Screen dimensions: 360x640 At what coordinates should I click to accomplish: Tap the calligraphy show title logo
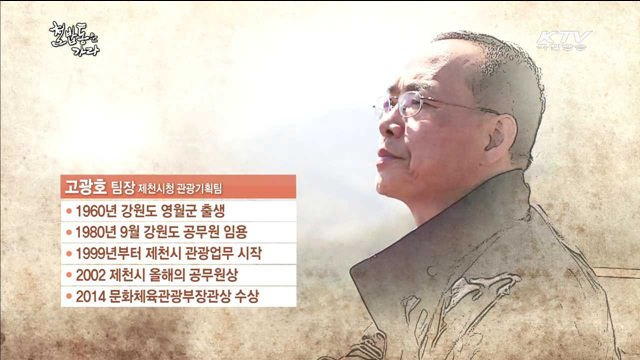click(75, 39)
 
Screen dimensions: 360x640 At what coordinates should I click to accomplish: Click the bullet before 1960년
click(68, 211)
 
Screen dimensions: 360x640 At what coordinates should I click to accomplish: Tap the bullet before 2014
click(68, 296)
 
